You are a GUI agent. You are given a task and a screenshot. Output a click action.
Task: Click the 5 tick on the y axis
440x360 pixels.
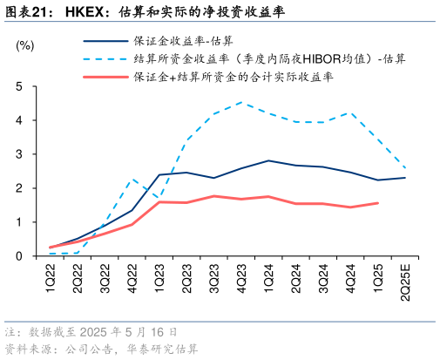click(x=18, y=87)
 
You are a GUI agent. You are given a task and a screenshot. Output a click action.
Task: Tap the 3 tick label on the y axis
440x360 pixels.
click(x=18, y=154)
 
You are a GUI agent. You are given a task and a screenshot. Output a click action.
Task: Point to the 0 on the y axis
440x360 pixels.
click(x=18, y=256)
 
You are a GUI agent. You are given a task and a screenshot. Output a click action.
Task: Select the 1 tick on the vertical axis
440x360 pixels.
click(x=18, y=222)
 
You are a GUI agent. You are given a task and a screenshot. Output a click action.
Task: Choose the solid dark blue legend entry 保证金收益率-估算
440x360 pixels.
click(x=183, y=41)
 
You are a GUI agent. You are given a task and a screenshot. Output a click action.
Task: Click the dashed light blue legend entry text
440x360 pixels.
click(x=269, y=59)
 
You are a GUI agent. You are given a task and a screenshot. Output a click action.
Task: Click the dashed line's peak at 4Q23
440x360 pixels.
click(x=241, y=103)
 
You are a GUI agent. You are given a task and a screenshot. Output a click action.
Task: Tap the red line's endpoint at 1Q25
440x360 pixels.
click(x=377, y=203)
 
